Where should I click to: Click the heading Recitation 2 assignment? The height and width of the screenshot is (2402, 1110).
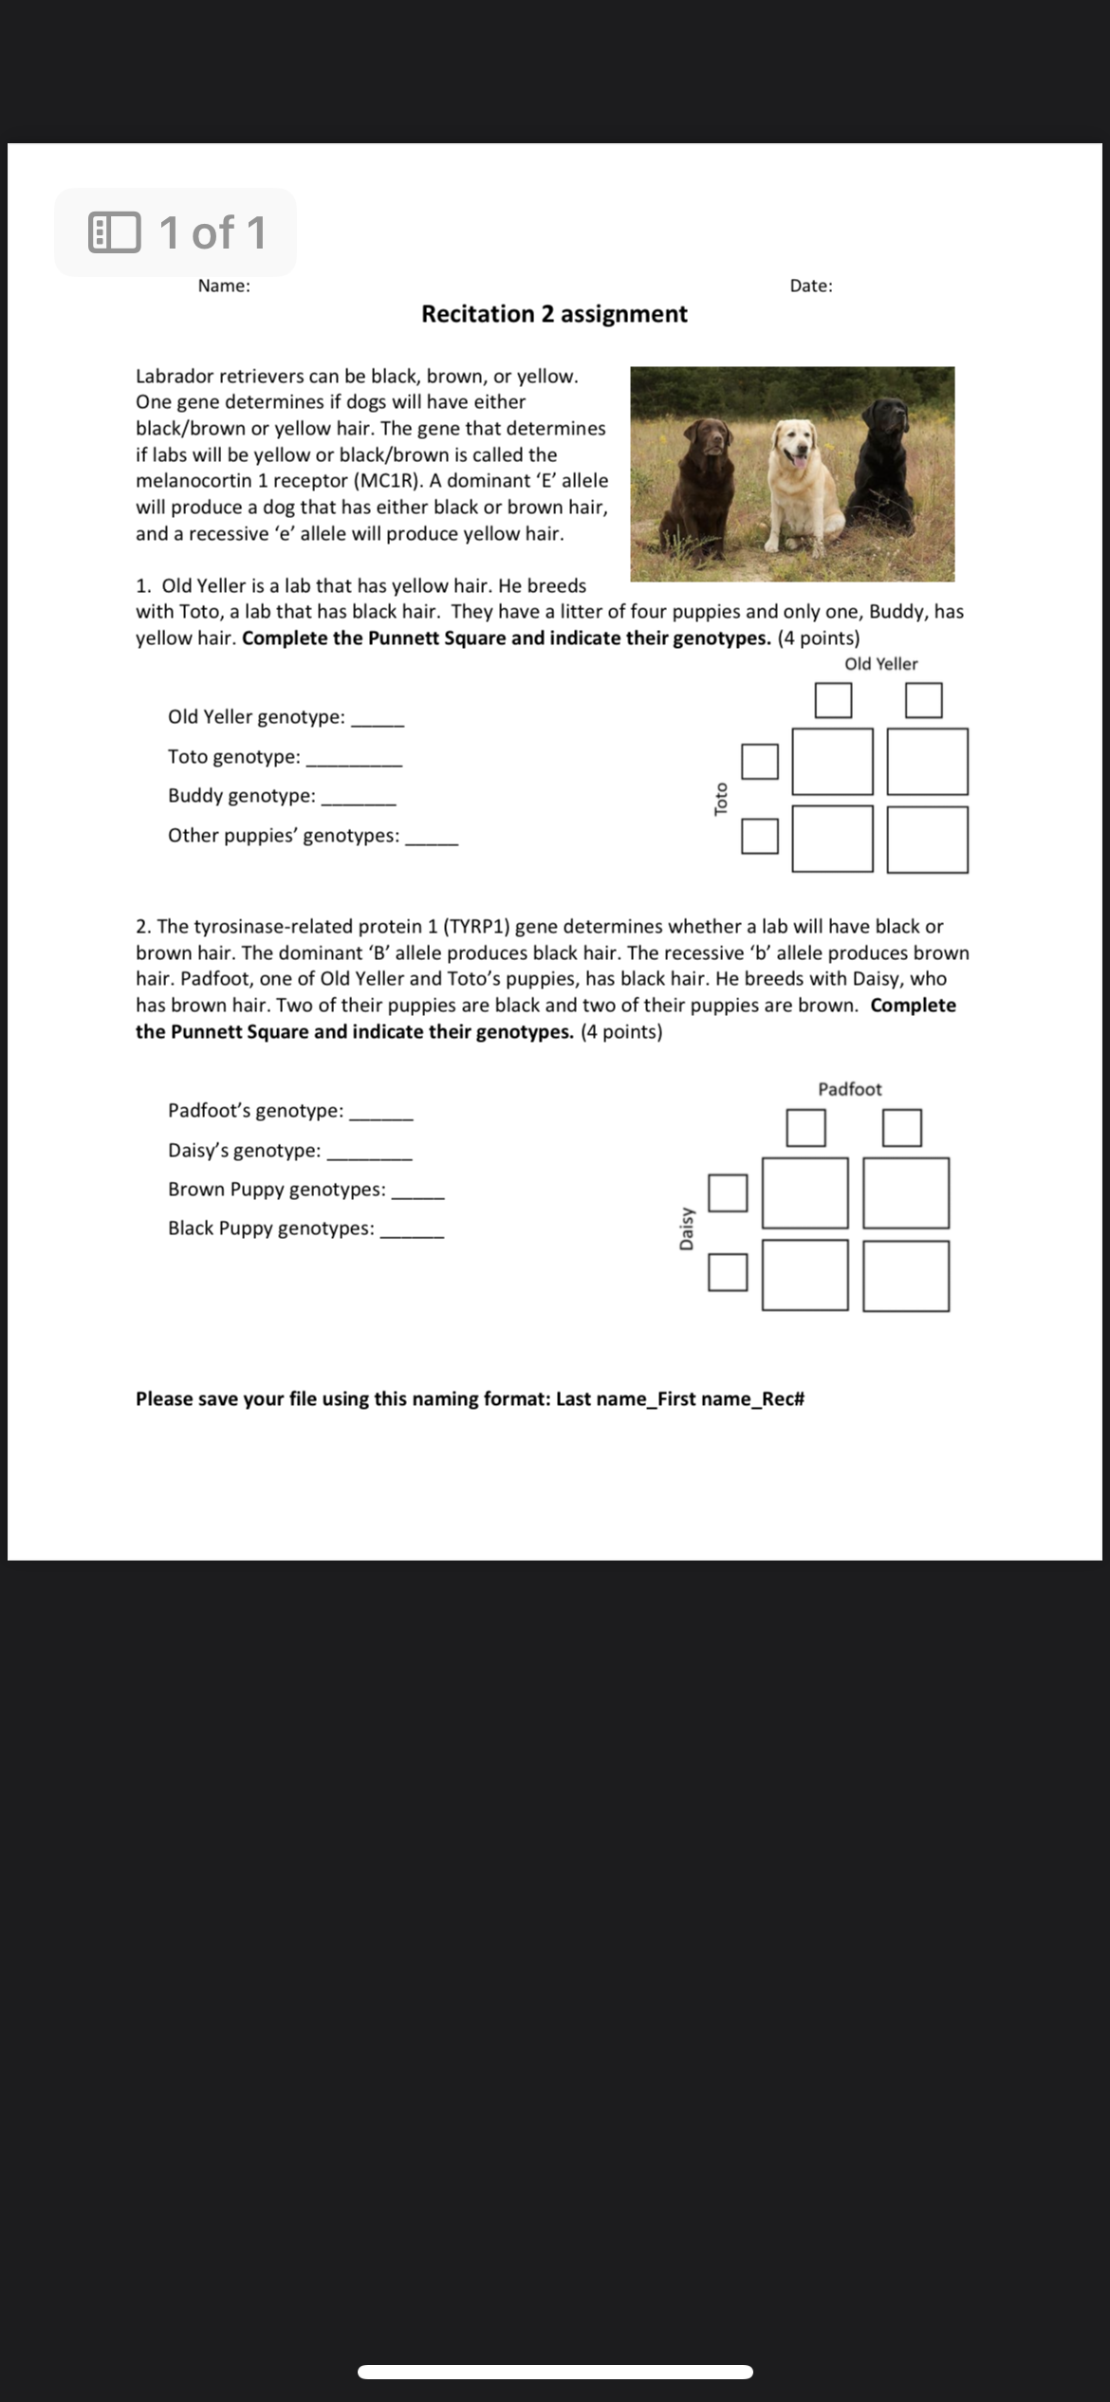[x=554, y=314]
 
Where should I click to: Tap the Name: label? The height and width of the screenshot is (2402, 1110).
[x=224, y=286]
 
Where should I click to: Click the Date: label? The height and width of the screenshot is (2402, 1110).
[x=811, y=286]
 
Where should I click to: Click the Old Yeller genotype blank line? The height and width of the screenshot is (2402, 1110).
[x=378, y=724]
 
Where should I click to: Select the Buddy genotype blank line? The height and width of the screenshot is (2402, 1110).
[x=359, y=803]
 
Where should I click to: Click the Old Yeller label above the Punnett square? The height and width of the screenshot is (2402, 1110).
[x=881, y=664]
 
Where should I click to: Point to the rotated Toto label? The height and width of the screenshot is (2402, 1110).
[x=721, y=798]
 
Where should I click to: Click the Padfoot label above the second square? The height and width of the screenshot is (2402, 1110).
[x=850, y=1089]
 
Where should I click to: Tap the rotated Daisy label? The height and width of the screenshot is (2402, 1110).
[x=687, y=1228]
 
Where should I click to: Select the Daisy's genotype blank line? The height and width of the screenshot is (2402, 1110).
[x=369, y=1157]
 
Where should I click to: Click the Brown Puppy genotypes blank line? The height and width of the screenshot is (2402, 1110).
[x=417, y=1196]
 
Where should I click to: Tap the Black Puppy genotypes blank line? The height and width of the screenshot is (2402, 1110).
[x=411, y=1235]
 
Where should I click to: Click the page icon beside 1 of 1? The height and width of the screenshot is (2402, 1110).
[x=114, y=233]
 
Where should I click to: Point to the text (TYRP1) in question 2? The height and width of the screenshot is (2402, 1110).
[x=476, y=926]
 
